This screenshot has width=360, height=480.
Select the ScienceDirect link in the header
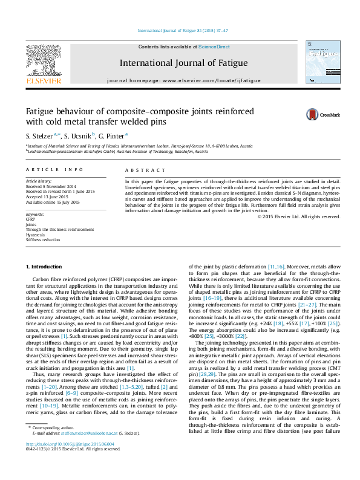(214, 47)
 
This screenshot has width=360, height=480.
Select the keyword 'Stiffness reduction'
(41, 239)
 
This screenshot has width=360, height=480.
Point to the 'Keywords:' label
(36, 215)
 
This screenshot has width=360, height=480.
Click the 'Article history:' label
(38, 181)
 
